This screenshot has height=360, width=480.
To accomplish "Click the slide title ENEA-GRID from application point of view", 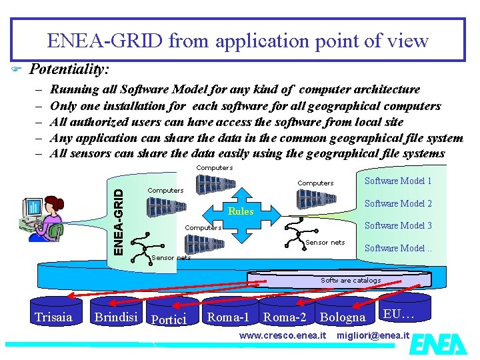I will (237, 41).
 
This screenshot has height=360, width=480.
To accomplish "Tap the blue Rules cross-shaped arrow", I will (241, 211).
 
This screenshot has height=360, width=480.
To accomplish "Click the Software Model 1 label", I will (398, 181).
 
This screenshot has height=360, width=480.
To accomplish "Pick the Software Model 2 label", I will (398, 203).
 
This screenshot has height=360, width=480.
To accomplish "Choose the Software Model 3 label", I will (398, 225).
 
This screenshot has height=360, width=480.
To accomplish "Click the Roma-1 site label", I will (228, 317).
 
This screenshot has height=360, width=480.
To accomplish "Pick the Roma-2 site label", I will (285, 317).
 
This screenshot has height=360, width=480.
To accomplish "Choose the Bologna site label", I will (343, 317).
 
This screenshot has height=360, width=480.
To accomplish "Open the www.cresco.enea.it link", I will (283, 335).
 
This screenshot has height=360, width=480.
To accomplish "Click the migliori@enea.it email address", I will (373, 335).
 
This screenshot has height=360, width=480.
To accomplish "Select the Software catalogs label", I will (351, 281).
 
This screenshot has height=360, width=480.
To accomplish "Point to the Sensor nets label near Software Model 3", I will (325, 243).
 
